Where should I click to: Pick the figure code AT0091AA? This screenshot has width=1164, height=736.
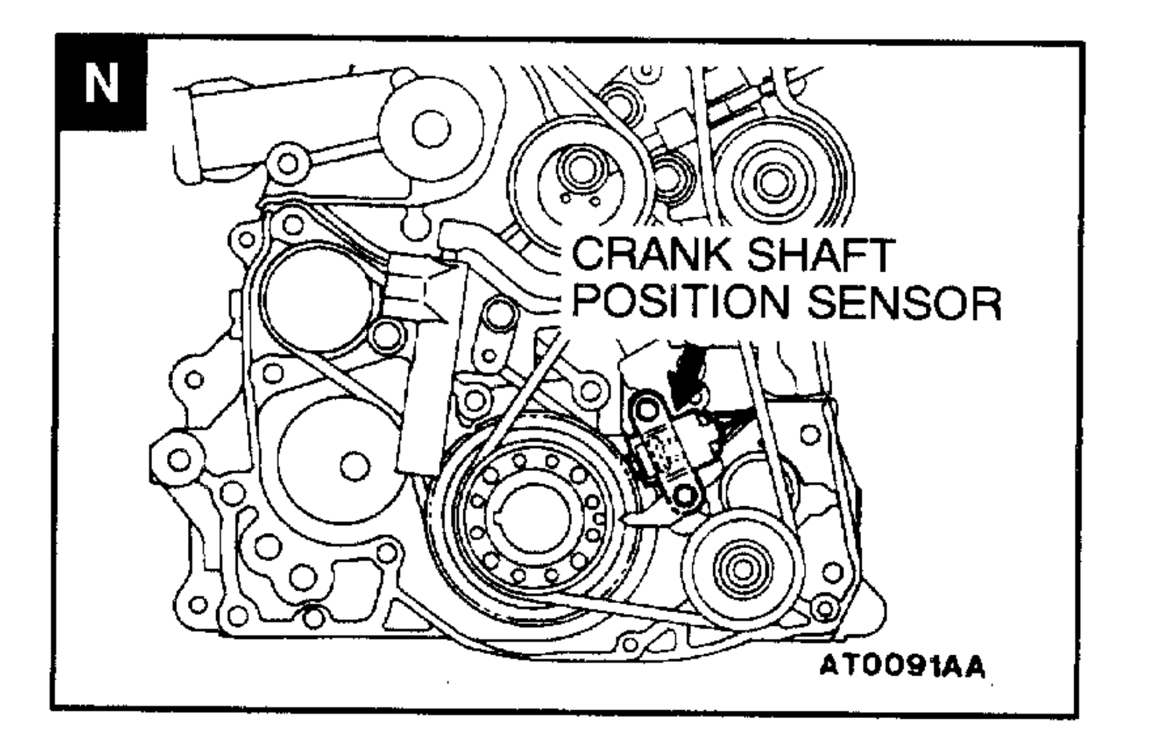[x=901, y=665]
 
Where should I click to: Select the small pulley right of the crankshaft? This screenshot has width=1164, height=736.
[x=741, y=567]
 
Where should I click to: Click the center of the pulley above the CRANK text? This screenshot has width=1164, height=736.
[x=578, y=171]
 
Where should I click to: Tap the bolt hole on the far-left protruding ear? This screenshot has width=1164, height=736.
[x=178, y=460]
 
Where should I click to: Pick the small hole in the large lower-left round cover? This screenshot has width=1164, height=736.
[x=354, y=466]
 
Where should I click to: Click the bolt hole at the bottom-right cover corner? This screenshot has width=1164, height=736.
[x=824, y=609]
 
